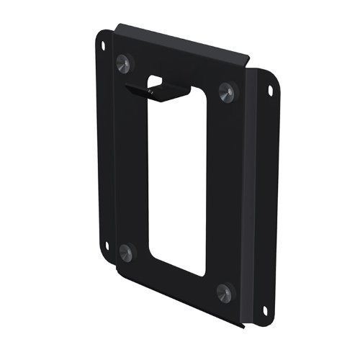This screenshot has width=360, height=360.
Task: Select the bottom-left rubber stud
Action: [127, 251]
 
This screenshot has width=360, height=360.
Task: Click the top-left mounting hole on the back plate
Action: [104, 45]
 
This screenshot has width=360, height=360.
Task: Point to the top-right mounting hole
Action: [271, 91]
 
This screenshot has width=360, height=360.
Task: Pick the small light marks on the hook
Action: [151, 93]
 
